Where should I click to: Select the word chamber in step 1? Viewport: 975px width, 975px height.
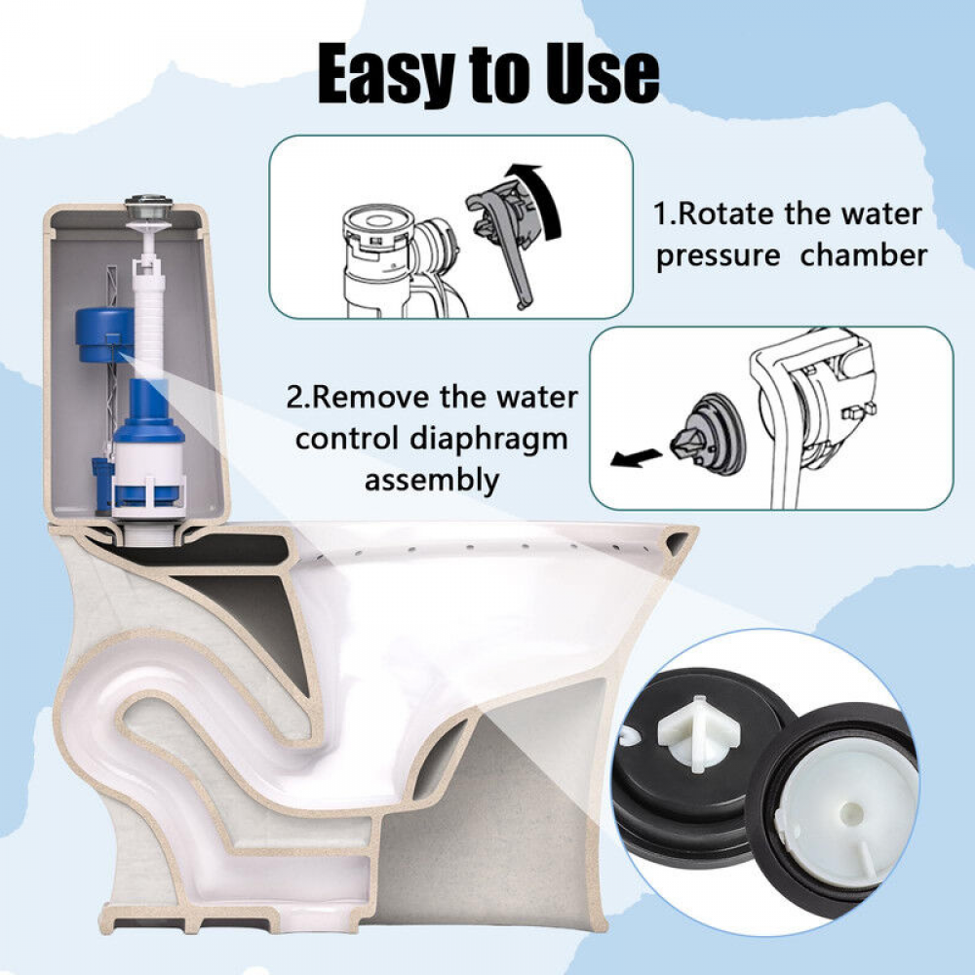point(864,254)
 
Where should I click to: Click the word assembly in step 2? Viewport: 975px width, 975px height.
point(432,481)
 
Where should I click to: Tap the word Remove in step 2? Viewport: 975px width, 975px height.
point(370,398)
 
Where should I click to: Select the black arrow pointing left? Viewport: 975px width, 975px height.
point(636,459)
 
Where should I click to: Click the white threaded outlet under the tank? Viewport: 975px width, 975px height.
point(148,533)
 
